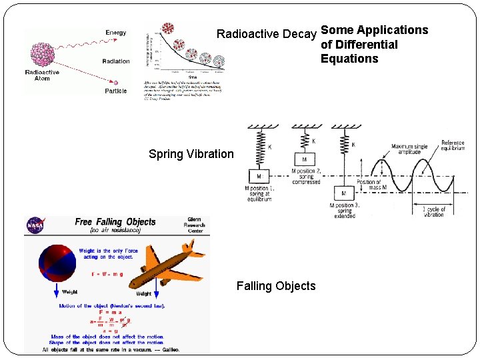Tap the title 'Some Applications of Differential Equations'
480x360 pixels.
point(373,44)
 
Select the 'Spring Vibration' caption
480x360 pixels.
point(191,154)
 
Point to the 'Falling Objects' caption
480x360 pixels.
point(276,286)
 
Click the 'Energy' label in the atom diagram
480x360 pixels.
point(115,33)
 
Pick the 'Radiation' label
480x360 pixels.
point(116,61)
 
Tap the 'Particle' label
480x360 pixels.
point(115,91)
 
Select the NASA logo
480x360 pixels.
point(35,227)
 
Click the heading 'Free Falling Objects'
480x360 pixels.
point(115,222)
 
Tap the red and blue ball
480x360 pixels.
point(60,263)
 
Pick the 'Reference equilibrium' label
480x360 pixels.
point(453,147)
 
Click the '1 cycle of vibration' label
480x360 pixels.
point(433,212)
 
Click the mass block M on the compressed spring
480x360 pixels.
point(304,160)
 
